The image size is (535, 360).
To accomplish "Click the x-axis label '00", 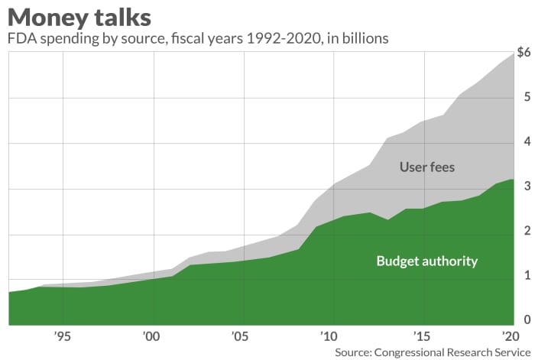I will click(x=151, y=336).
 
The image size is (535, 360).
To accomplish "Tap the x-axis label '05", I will click(x=241, y=336).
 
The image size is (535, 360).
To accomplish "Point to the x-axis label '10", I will click(x=329, y=336).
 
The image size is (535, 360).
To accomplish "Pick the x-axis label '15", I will click(x=418, y=336).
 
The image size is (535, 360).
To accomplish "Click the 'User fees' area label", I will click(x=426, y=167).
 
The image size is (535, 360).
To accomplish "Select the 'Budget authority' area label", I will click(x=426, y=261).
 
